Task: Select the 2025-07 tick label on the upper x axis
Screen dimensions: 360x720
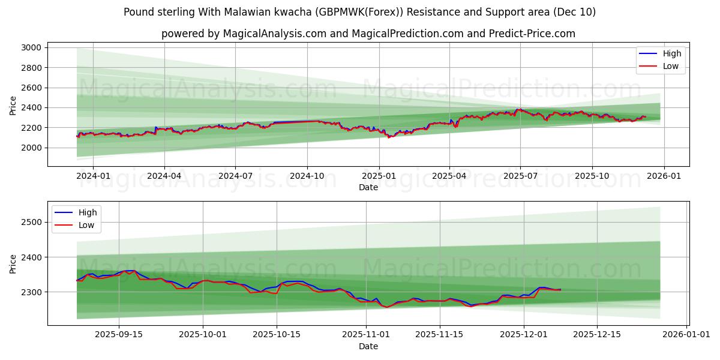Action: point(520,176)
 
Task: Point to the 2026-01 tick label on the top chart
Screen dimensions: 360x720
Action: point(664,176)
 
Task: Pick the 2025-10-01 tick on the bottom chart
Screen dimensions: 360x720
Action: point(203,335)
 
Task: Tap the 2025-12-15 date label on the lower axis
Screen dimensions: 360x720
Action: point(596,335)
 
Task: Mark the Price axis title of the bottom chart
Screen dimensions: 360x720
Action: point(13,263)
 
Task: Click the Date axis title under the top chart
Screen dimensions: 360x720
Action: point(368,187)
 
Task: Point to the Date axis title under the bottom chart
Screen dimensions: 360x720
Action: point(368,346)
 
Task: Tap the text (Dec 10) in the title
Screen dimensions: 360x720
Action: point(575,12)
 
